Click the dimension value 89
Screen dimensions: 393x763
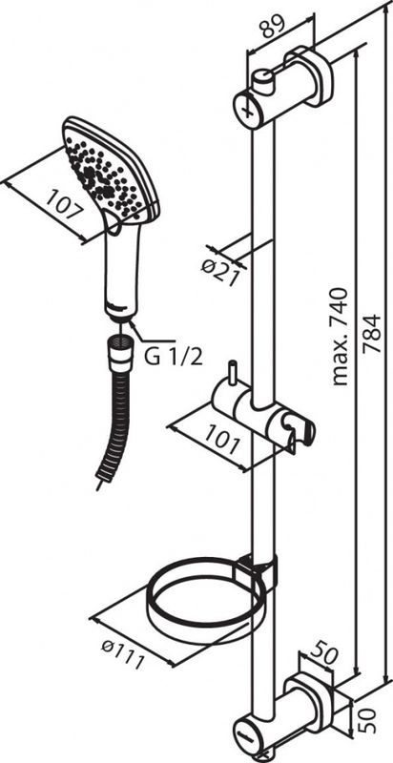[274, 29]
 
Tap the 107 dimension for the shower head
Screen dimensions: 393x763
[65, 204]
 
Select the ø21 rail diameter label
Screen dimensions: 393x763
[220, 271]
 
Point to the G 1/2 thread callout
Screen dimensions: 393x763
[173, 357]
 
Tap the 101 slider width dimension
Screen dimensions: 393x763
[222, 438]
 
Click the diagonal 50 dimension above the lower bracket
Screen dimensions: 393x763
[323, 654]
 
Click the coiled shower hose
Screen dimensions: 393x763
[112, 423]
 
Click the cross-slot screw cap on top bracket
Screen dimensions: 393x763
[249, 110]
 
